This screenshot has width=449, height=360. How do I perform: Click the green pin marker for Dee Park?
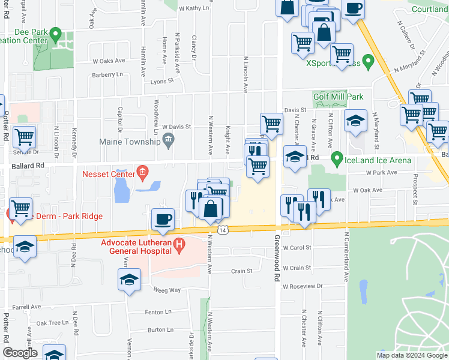click(x=56, y=33)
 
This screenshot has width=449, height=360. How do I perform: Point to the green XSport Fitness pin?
click(x=369, y=61)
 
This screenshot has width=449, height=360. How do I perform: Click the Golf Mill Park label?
click(x=338, y=97)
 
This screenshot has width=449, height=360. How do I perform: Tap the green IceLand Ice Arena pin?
click(x=337, y=160)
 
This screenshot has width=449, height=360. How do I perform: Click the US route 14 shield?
click(x=223, y=230)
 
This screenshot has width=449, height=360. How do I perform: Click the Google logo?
click(x=20, y=353)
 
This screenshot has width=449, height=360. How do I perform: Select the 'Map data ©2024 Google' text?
click(x=411, y=355)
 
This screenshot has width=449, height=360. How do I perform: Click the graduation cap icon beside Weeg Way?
click(x=129, y=280)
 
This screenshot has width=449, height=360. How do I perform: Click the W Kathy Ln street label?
click(x=193, y=8)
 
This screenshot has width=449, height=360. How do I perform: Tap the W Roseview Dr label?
click(x=303, y=286)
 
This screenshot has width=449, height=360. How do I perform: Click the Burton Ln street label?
click(x=160, y=329)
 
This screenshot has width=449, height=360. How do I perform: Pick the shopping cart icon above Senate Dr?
click(x=24, y=137)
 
